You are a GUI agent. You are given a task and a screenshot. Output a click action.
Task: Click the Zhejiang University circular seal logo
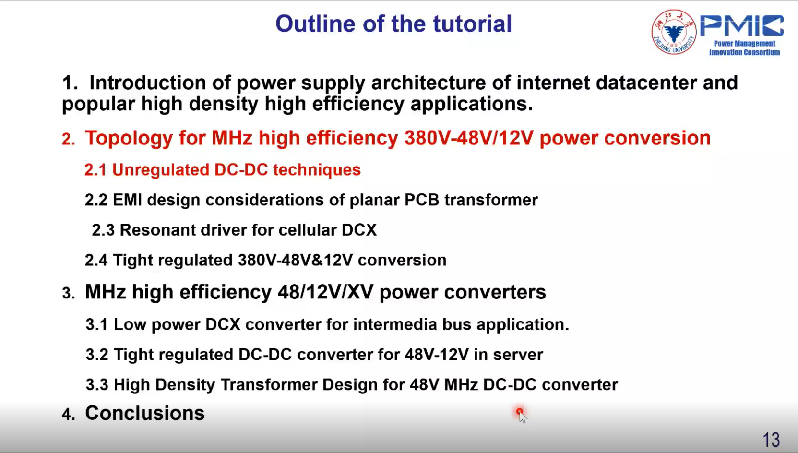674,32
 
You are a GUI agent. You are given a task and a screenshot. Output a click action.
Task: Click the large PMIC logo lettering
742,25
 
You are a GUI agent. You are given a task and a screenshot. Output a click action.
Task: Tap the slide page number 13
771,440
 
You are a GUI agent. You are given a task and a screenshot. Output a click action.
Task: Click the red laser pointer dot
519,412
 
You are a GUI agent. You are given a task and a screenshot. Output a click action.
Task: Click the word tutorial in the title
472,24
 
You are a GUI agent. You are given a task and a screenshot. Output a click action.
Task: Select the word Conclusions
144,413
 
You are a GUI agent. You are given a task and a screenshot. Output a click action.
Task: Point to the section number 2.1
95,170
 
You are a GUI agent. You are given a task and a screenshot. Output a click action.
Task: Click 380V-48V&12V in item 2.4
295,260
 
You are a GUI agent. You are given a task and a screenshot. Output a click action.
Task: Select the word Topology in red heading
129,139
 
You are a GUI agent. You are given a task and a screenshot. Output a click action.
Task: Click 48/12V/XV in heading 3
326,292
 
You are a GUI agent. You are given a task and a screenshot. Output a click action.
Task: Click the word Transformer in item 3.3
269,385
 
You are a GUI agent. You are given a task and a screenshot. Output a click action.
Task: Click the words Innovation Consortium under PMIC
745,52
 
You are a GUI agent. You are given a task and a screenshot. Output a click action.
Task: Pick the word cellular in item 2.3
308,230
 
